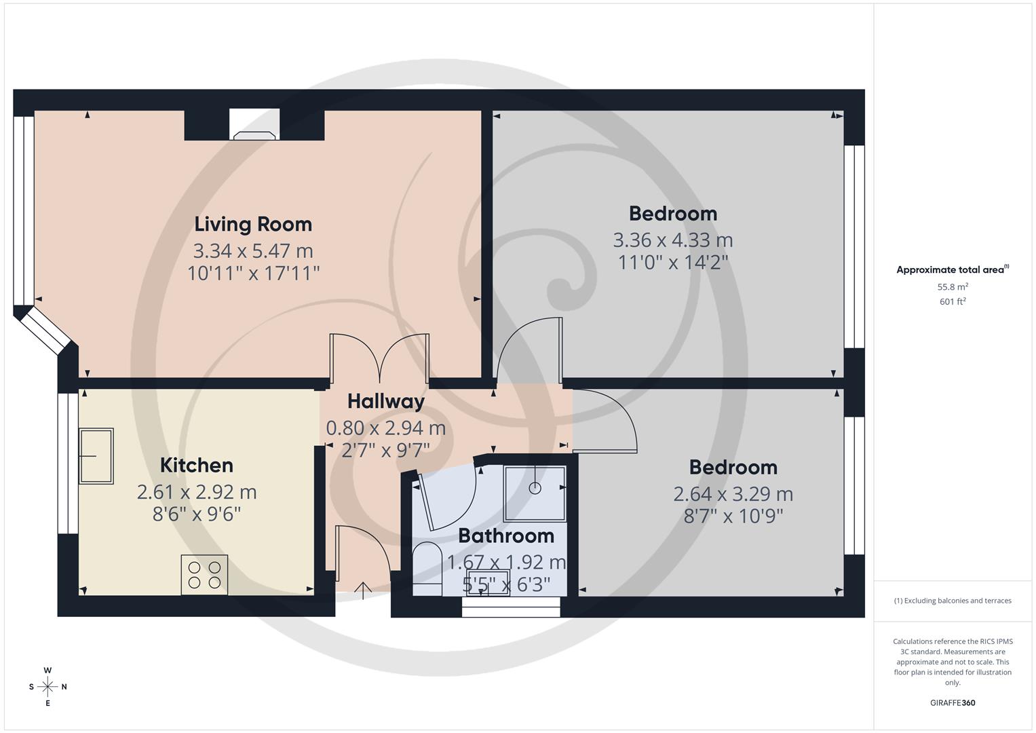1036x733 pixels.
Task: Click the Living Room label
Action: coord(253,224)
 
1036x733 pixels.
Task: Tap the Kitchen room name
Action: coord(197,465)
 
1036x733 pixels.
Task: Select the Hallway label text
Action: coord(385,401)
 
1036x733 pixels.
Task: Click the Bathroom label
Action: coord(506,535)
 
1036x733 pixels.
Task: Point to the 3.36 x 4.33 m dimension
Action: coord(672,240)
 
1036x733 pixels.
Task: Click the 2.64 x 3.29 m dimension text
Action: coord(733,493)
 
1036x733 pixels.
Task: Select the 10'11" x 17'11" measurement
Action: coord(253,273)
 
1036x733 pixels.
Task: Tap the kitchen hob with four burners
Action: coord(204,575)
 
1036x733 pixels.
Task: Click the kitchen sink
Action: coord(96,456)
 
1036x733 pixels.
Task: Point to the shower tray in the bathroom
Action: coord(535,493)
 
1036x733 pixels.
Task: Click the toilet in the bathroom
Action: coord(427,569)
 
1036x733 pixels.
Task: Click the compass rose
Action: coord(47,686)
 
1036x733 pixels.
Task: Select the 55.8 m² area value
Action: coord(953,286)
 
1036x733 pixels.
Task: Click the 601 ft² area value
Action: coord(953,301)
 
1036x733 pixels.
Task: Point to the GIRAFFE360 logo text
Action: coord(953,702)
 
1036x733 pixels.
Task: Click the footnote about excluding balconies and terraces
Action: coord(953,601)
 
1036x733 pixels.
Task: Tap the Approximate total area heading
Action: coord(951,270)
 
